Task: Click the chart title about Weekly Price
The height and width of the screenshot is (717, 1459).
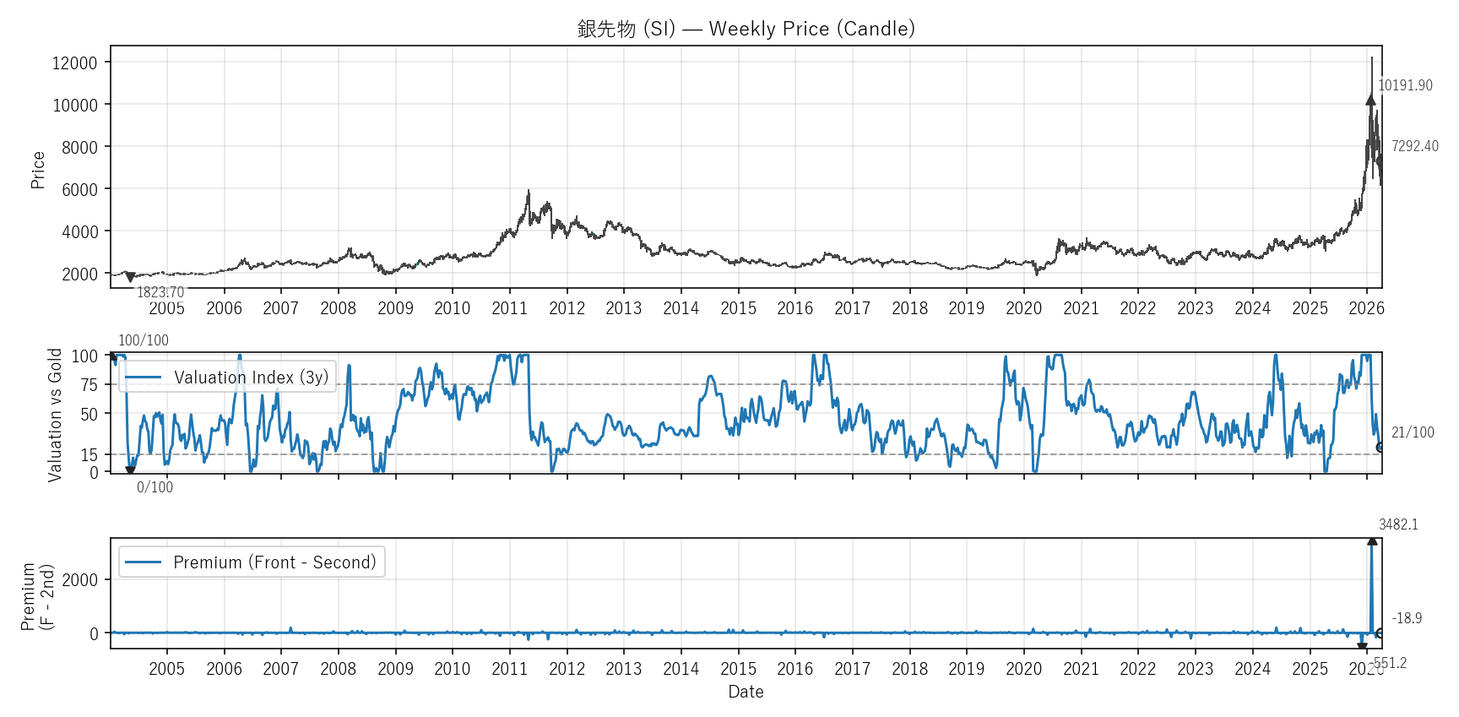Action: (x=746, y=29)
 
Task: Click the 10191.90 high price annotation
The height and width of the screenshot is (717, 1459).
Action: (x=1405, y=85)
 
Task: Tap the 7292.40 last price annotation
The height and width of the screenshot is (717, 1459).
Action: (x=1414, y=146)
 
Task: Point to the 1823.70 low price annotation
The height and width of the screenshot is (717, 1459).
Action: (x=160, y=292)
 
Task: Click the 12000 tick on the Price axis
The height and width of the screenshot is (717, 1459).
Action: (x=75, y=62)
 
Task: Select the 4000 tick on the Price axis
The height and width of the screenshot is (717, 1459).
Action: (x=79, y=231)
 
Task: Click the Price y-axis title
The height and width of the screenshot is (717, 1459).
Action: (x=38, y=169)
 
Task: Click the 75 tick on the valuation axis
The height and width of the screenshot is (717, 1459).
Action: (x=89, y=385)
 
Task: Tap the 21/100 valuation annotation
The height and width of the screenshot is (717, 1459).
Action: (x=1413, y=432)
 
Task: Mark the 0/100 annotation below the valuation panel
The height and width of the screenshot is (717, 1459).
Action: (x=155, y=487)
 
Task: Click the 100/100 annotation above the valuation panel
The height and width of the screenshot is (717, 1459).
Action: (x=144, y=340)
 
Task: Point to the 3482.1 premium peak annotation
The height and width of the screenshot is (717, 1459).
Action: (x=1398, y=524)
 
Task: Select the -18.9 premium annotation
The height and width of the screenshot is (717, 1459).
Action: (x=1407, y=618)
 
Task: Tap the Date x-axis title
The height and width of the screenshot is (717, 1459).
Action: (x=746, y=692)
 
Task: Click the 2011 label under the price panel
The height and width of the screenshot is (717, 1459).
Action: (x=509, y=308)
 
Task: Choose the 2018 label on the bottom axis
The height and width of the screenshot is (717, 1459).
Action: (x=909, y=669)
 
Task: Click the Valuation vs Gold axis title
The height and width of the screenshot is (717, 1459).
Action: (x=56, y=415)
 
